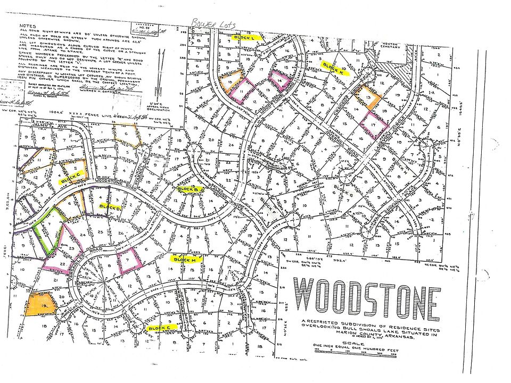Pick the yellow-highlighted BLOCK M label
point(185,259)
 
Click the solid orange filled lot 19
point(39,305)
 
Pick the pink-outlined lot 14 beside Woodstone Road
point(281,81)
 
